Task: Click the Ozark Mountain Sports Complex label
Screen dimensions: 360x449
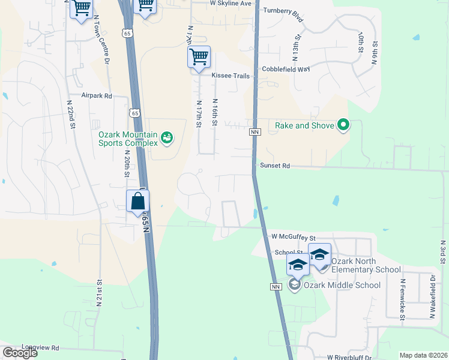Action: (x=128, y=139)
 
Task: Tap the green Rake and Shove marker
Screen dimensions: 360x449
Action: (x=343, y=125)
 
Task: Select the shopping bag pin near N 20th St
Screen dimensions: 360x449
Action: (x=138, y=202)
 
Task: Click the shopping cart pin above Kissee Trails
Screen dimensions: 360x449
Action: (x=199, y=58)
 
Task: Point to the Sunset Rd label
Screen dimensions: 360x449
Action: (x=274, y=165)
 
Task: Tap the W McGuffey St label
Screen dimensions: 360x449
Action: (x=293, y=237)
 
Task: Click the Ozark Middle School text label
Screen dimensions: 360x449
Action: (x=342, y=285)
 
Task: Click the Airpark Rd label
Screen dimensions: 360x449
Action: (x=97, y=95)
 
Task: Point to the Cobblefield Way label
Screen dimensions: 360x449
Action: (x=285, y=69)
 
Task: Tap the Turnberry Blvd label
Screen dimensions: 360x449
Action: (x=283, y=12)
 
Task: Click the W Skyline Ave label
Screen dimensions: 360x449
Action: (x=230, y=3)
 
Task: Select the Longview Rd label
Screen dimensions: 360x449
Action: (x=41, y=347)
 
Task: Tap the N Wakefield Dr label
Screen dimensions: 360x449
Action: (x=432, y=296)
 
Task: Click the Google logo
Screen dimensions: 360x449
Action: (x=20, y=353)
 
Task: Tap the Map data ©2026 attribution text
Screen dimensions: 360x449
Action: (x=423, y=355)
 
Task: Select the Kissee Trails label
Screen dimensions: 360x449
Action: (x=230, y=76)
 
